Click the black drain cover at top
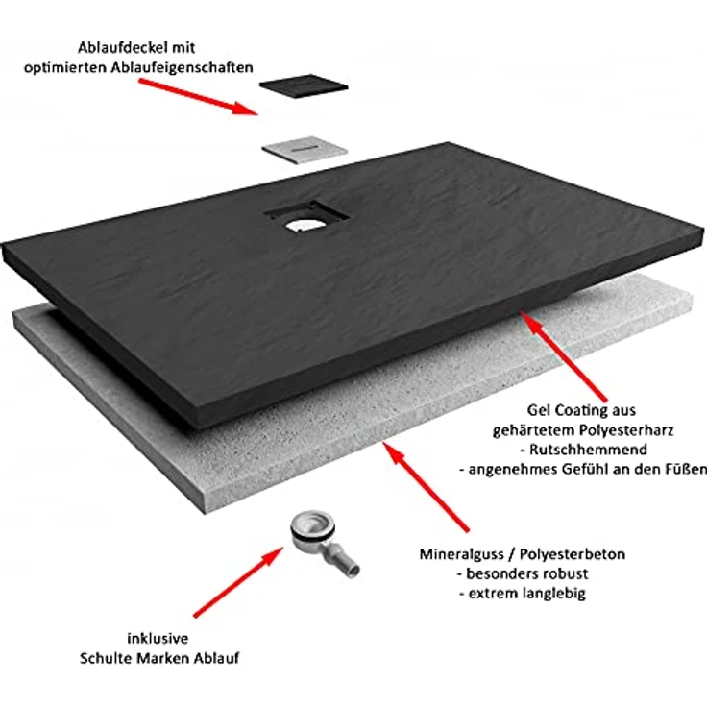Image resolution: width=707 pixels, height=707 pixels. point(304,85)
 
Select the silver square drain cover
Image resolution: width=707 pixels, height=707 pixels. point(305,149)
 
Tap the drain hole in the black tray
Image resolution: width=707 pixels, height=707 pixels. point(303,224)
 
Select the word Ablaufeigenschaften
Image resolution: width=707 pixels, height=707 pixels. point(183,67)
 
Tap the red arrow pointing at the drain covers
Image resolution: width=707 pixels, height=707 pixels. point(199,97)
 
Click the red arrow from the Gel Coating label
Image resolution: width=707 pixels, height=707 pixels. point(564,355)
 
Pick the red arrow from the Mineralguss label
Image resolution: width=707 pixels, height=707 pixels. point(427,487)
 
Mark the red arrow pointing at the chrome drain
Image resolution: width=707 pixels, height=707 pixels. point(238,582)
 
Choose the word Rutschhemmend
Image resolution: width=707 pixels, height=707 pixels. point(588,450)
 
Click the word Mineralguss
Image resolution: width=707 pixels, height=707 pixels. point(462,554)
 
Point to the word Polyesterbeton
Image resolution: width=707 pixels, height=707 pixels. point(573,554)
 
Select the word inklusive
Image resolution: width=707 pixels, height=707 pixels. point(158,638)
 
